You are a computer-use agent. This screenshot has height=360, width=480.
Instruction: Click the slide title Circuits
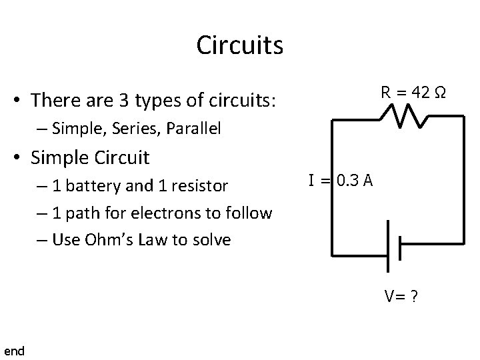pyautogui.click(x=239, y=45)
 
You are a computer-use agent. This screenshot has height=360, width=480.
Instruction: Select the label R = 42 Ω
pyautogui.click(x=413, y=93)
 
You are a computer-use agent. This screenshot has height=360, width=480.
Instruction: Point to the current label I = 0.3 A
pyautogui.click(x=340, y=180)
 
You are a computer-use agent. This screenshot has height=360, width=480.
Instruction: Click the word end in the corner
pyautogui.click(x=14, y=351)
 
